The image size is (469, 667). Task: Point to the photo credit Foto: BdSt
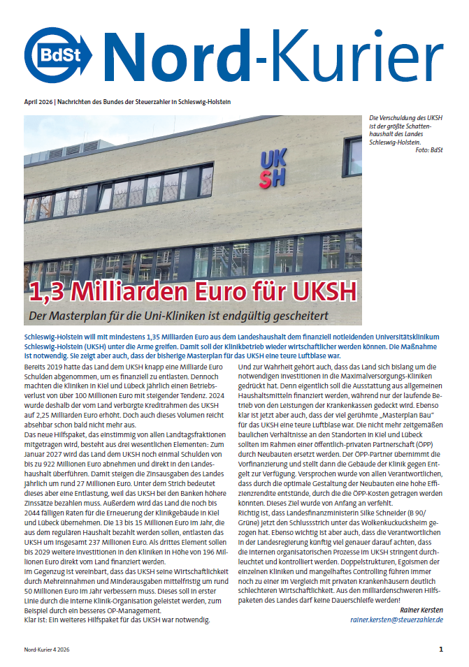click(428, 150)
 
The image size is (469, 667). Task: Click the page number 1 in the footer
click(440, 650)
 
